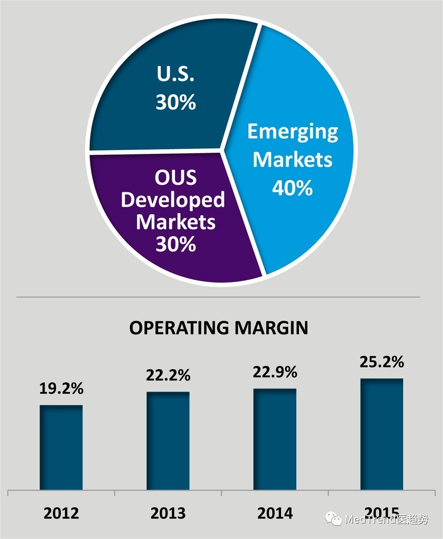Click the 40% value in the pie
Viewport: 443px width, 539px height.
point(293,188)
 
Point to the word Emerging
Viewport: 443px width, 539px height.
point(293,131)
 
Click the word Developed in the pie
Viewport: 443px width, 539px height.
point(173,200)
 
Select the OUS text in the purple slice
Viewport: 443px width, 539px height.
point(175,178)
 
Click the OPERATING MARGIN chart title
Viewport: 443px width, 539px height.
point(218,328)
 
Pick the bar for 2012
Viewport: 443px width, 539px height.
point(61,447)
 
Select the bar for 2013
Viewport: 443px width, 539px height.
point(168,441)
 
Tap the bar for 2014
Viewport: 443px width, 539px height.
point(275,439)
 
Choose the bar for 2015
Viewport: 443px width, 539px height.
point(382,434)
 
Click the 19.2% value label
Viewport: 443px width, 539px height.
point(61,388)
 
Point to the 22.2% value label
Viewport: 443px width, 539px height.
point(168,375)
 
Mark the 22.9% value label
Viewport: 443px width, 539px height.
point(275,372)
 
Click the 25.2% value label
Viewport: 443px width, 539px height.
point(382,362)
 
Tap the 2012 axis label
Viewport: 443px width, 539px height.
point(61,513)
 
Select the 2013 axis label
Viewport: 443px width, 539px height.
point(168,513)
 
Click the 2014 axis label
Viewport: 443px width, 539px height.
point(275,513)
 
